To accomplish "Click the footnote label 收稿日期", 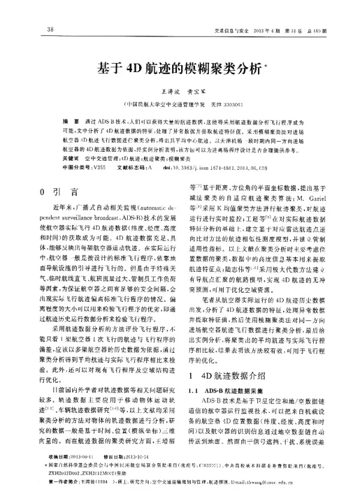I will tap(59, 456).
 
